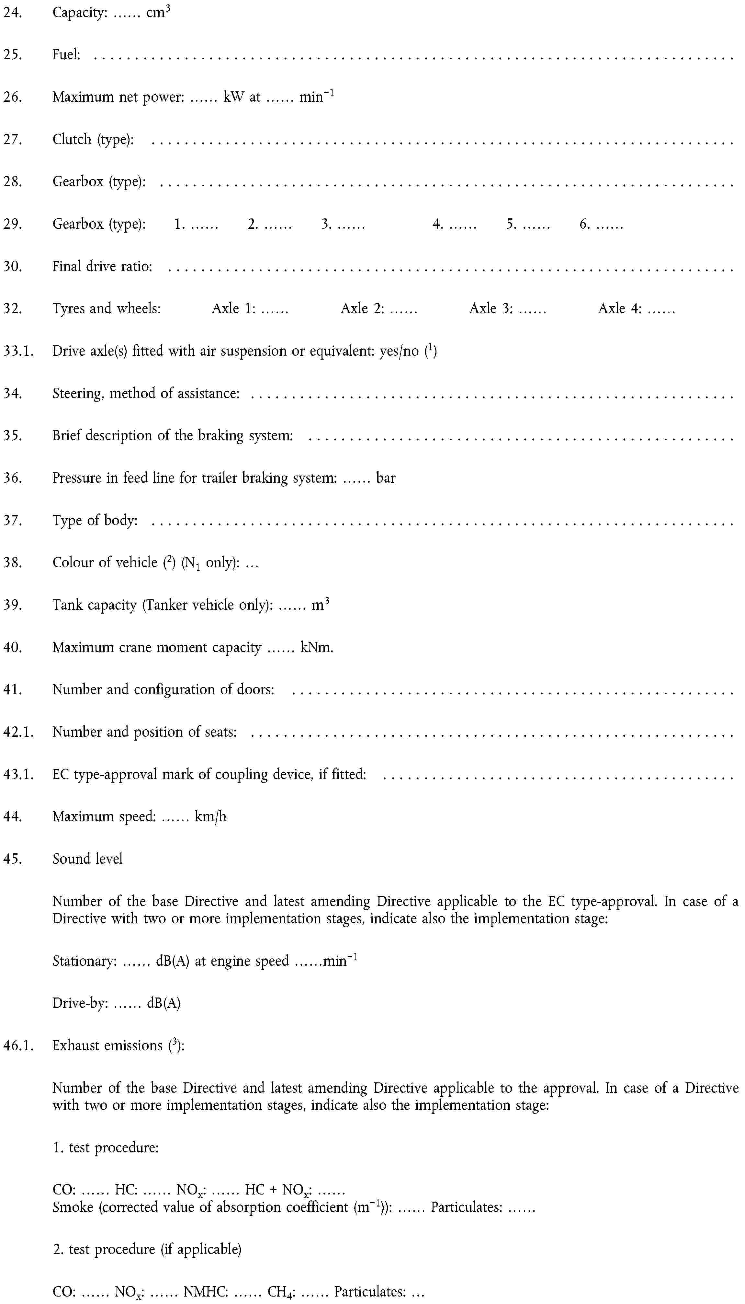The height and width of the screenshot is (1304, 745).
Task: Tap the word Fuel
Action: point(65,55)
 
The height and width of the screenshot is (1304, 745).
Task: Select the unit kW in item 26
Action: point(234,97)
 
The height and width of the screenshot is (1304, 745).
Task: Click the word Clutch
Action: point(72,139)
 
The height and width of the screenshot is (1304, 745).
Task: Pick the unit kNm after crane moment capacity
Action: point(317,648)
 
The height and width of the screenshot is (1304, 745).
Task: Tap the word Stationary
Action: point(84,961)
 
